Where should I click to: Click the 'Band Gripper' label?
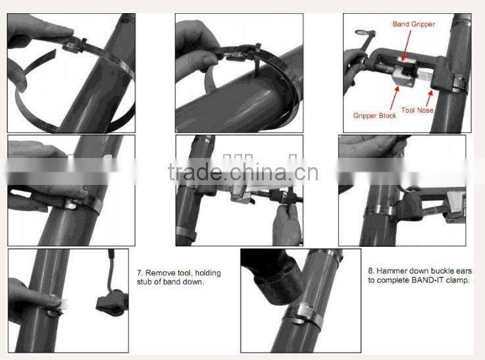(414, 24)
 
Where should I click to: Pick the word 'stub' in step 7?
(147, 282)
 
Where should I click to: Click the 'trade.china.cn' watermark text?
(243, 172)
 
